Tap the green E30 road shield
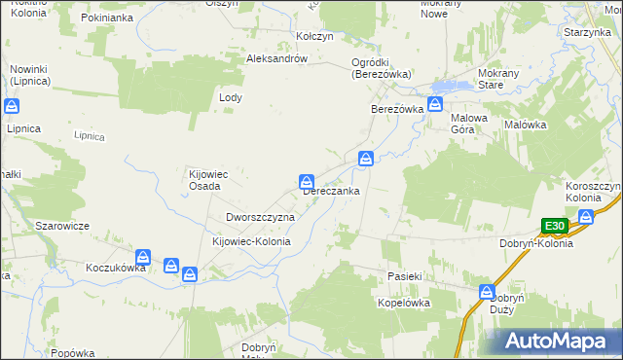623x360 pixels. coord(555,227)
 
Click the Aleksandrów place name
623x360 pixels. coord(277,58)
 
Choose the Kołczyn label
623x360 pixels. coord(314,36)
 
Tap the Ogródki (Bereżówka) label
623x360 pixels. coord(382,68)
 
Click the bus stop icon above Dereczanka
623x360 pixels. coord(306,181)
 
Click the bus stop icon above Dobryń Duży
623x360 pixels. coord(487,292)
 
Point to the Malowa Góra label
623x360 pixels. coord(468,124)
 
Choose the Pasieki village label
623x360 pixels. coord(402,276)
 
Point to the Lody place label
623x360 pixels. coord(231,98)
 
